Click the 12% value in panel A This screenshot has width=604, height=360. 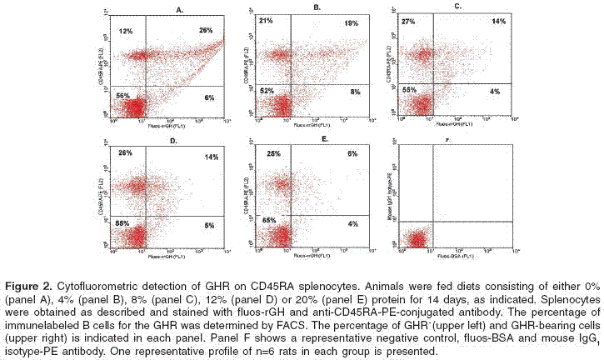point(127,31)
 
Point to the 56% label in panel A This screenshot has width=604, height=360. point(122,97)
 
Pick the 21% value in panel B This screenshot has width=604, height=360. point(267,18)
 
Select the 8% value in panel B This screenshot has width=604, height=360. point(355,92)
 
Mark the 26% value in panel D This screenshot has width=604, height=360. point(125,152)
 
